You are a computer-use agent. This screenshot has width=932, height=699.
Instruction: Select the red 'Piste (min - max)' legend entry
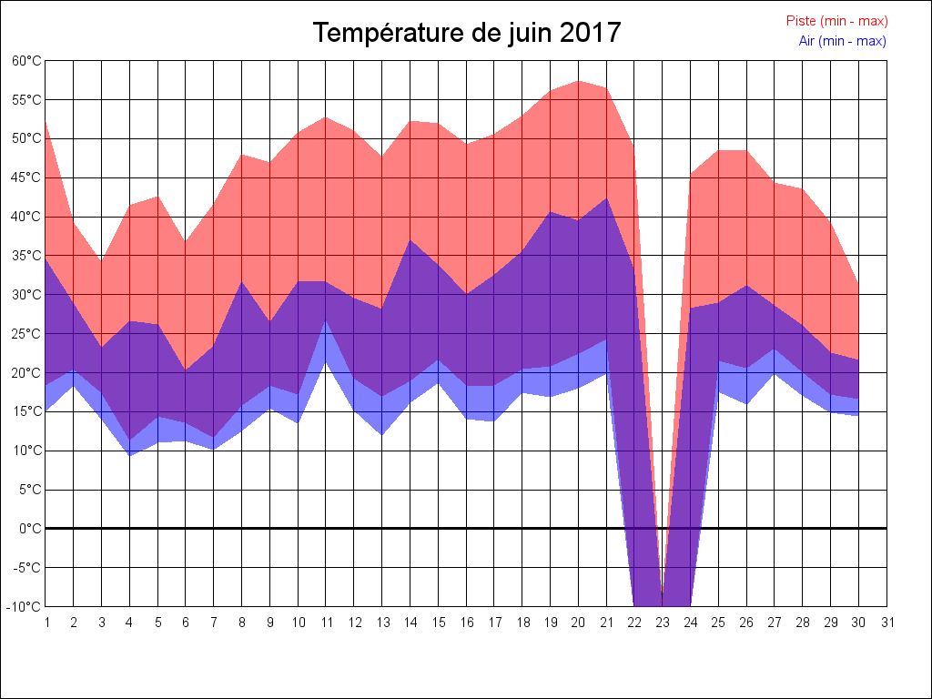click(x=836, y=21)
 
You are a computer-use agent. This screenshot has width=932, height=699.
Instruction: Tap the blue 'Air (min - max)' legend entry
click(x=842, y=41)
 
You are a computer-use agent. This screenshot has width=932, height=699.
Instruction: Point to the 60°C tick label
click(x=26, y=61)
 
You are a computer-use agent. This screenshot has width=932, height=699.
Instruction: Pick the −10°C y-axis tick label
click(x=25, y=606)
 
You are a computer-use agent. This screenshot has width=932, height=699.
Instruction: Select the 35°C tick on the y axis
click(x=26, y=256)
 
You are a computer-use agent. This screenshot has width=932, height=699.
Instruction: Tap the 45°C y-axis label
click(x=26, y=177)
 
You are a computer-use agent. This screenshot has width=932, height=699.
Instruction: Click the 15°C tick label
click(x=26, y=411)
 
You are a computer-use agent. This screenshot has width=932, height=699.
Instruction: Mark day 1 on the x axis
click(x=46, y=623)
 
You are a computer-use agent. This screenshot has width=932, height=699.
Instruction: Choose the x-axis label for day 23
click(x=663, y=623)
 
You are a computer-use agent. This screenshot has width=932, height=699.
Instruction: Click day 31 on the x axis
click(x=887, y=623)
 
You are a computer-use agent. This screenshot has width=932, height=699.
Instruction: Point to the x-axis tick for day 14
click(x=410, y=623)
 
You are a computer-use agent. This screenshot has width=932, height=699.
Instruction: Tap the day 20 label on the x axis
click(x=579, y=623)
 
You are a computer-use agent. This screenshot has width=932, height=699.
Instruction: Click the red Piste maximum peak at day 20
click(x=579, y=81)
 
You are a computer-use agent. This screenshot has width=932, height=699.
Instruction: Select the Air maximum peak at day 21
click(x=606, y=198)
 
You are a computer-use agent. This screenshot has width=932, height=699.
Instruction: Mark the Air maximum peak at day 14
click(x=410, y=240)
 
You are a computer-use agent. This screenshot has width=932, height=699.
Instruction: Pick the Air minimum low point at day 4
click(x=129, y=455)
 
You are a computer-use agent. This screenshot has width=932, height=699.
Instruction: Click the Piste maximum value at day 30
click(x=858, y=284)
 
